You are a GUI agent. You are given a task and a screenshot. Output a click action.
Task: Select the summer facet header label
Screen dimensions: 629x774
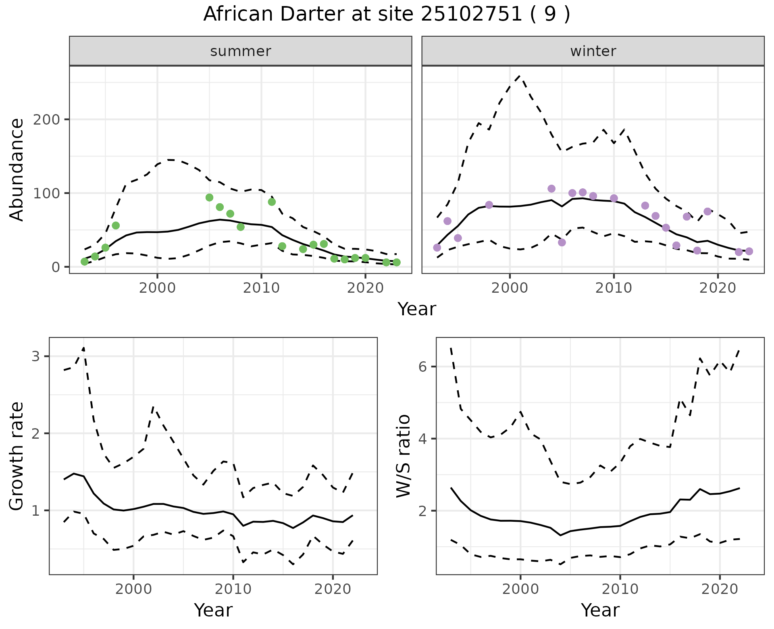pos(241,51)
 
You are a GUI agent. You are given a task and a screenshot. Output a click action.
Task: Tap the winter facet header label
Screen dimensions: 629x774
pos(593,51)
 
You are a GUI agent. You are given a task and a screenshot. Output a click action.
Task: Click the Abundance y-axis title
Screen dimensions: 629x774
pos(17,170)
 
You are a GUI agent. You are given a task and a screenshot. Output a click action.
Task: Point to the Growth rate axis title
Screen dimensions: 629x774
pos(17,456)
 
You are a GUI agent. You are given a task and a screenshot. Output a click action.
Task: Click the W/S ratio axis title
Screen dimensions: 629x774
pos(404,456)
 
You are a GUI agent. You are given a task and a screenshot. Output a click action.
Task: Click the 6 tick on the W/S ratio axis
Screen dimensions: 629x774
pos(422,367)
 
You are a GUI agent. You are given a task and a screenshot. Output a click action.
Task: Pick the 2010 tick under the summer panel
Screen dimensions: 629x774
pos(261,288)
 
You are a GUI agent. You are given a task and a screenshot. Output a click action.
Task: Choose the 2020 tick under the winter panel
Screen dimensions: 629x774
pos(718,288)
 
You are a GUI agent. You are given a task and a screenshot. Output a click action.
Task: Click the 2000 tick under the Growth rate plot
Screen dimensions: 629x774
pos(133,589)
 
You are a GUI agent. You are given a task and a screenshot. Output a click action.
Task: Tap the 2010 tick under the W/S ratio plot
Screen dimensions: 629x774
pos(620,589)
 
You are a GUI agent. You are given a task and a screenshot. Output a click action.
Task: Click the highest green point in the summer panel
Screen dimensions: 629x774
pos(209,198)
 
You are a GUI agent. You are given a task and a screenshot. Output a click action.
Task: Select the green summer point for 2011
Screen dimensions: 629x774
pos(272,202)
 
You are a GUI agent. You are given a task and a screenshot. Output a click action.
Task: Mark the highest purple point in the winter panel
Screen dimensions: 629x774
pos(551,189)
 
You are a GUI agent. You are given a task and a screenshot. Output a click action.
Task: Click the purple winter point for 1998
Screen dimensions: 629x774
pos(489,205)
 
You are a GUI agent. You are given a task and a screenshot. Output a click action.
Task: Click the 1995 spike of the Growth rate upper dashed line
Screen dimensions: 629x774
pos(83,348)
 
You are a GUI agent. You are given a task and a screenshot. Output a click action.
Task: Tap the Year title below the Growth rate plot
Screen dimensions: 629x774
pos(213,610)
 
